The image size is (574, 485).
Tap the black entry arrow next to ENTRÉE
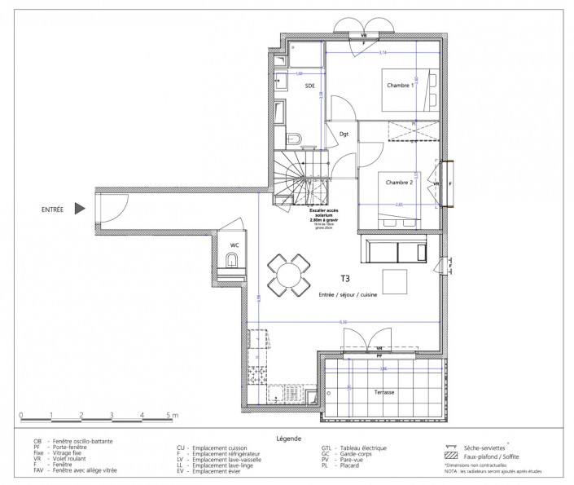80,209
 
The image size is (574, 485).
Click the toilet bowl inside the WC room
233,261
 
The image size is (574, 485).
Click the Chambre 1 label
400,86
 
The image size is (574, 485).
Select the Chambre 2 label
400,183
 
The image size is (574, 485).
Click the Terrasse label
384,392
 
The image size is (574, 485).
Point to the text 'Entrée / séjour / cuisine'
352,293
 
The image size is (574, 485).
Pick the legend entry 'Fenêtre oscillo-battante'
81,441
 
